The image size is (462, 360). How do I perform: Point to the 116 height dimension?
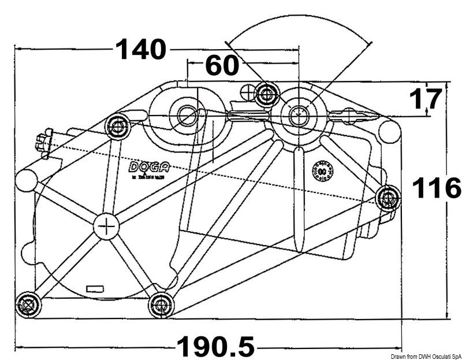pyautogui.click(x=436, y=188)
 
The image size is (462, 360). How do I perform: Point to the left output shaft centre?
pyautogui.click(x=186, y=114)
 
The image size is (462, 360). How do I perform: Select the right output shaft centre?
pyautogui.click(x=298, y=113)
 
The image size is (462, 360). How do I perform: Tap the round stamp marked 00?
pyautogui.click(x=324, y=171)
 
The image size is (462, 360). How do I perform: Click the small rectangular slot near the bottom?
pyautogui.click(x=95, y=287)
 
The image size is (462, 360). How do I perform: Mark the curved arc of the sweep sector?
pyautogui.click(x=297, y=18)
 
